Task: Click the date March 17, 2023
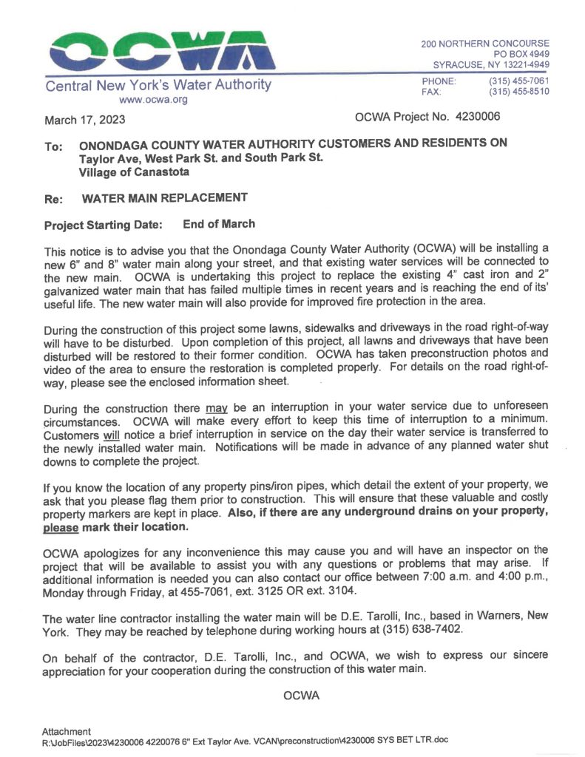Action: tap(85, 120)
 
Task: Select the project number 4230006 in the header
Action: tap(479, 117)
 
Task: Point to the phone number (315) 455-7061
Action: tap(518, 81)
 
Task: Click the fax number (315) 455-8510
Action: tap(518, 92)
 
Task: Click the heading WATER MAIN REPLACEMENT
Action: tap(163, 197)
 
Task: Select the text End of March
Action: tap(219, 224)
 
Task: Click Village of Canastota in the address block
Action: tap(134, 172)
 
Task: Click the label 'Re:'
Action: tap(53, 199)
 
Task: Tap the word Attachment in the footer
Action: tap(67, 731)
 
